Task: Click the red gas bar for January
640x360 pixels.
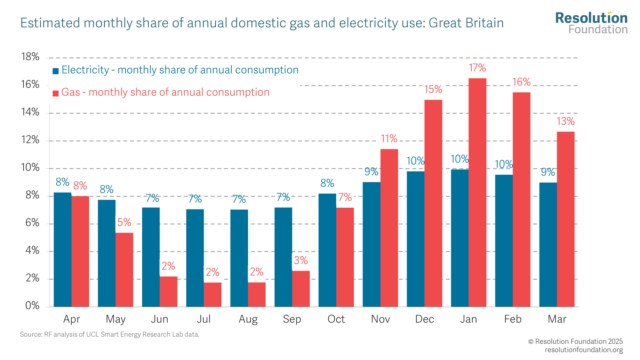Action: click(x=477, y=192)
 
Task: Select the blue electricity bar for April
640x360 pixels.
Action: click(x=62, y=250)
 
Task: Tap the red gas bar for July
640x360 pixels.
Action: click(x=212, y=294)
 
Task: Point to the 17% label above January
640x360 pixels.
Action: click(x=477, y=68)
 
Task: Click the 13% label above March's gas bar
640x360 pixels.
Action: click(x=565, y=122)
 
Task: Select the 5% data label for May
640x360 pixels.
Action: click(x=124, y=222)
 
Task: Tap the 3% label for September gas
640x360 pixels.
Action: click(x=301, y=260)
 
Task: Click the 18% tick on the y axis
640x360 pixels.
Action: click(x=30, y=57)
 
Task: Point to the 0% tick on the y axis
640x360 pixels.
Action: click(x=32, y=306)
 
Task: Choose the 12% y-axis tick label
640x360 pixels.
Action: click(x=30, y=140)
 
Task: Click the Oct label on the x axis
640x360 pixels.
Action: click(x=336, y=319)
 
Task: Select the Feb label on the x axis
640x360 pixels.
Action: click(x=513, y=319)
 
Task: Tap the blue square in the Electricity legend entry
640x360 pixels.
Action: click(x=56, y=71)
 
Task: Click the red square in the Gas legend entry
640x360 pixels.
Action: click(x=56, y=93)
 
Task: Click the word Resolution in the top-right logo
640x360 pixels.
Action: click(x=591, y=18)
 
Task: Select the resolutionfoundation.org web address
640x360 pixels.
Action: click(x=584, y=350)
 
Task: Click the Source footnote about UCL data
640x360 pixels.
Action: click(x=109, y=334)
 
